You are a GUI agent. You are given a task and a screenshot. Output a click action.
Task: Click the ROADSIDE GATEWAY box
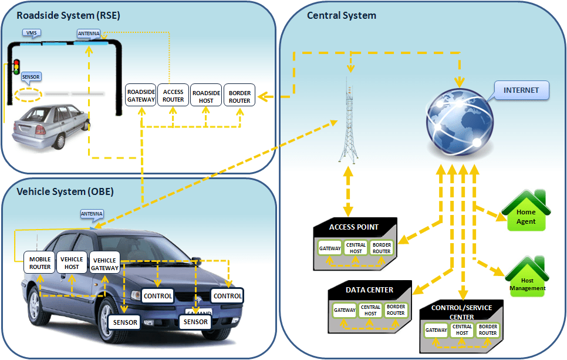[141, 96]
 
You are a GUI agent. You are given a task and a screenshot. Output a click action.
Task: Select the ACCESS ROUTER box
[173, 96]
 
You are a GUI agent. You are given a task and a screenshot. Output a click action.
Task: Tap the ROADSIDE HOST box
[206, 96]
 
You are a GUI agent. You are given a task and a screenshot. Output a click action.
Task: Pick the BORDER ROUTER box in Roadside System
[239, 96]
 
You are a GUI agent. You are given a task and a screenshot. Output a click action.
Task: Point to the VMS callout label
[31, 33]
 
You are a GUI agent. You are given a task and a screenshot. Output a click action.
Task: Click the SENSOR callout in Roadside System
[31, 77]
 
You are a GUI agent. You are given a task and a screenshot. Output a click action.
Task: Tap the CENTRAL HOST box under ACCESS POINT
[356, 248]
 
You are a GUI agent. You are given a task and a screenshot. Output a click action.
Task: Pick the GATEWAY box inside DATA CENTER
[345, 310]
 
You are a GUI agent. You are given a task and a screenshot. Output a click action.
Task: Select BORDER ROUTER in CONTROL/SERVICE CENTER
[488, 329]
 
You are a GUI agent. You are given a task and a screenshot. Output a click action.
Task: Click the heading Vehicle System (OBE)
[65, 191]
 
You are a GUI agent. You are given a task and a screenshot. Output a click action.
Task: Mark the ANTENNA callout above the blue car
[92, 214]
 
